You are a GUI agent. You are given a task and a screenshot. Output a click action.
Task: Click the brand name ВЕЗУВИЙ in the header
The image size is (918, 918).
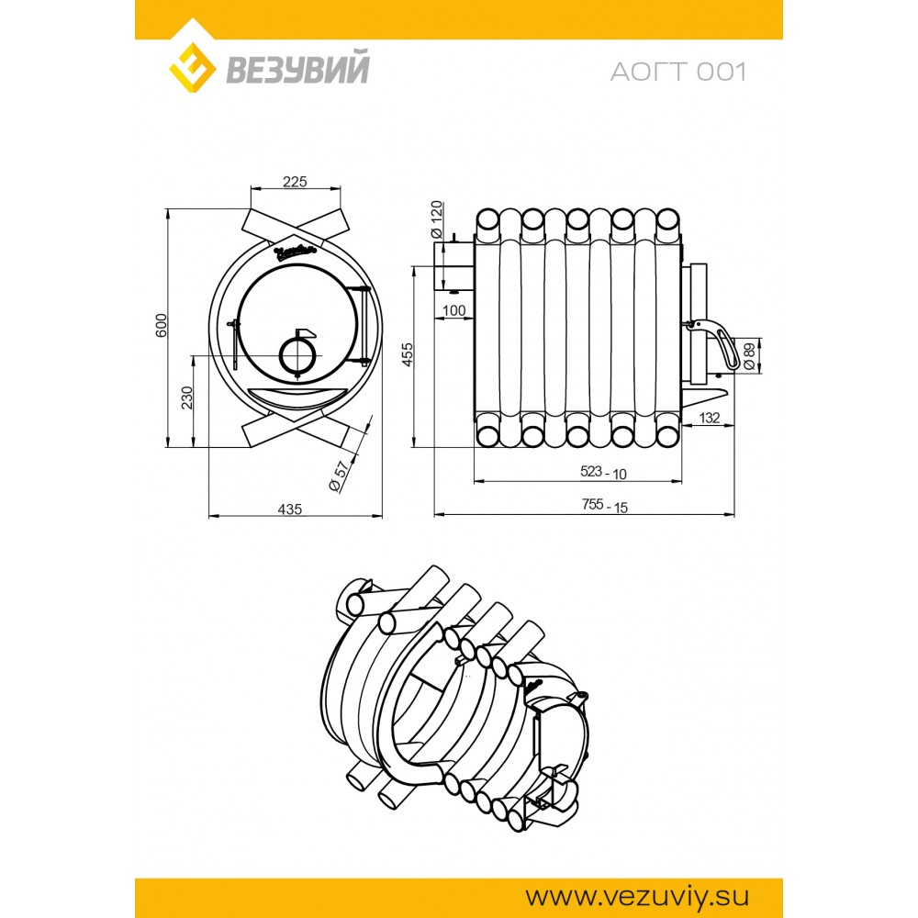[x=297, y=68]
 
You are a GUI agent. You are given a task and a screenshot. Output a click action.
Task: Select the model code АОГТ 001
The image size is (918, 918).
[x=678, y=72]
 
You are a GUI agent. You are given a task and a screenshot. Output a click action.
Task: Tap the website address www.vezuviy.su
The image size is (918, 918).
[x=637, y=896]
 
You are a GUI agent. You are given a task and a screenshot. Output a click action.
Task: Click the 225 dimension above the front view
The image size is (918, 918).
[x=295, y=182]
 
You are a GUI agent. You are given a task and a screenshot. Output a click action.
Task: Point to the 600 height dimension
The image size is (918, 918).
[x=162, y=325]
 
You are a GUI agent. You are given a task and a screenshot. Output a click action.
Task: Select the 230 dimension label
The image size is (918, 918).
[x=186, y=397]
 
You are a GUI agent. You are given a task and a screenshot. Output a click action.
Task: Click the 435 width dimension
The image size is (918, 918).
[x=290, y=509]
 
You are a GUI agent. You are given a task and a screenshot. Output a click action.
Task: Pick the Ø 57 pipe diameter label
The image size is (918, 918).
[x=340, y=476]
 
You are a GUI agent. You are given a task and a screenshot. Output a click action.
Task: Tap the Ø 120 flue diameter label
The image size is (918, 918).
[x=437, y=219]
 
